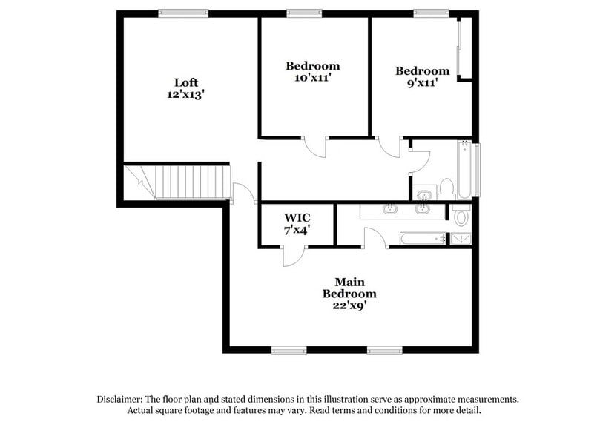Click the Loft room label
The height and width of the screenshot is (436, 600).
[186, 82]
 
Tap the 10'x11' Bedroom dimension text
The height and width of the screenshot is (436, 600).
[313, 78]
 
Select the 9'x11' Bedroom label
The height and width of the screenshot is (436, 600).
[422, 83]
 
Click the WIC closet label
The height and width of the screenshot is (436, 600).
[297, 218]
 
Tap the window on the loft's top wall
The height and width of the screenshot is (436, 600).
[183, 13]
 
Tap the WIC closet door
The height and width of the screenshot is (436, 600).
[291, 257]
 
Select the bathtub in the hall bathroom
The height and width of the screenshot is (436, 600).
[465, 170]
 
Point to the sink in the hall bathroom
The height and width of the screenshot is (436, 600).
[423, 196]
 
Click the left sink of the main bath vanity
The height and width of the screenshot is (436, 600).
[389, 210]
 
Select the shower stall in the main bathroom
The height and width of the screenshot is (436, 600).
[460, 239]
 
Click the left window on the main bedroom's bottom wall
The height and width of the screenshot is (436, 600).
[289, 350]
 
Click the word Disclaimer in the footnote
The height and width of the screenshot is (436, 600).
[122, 399]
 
